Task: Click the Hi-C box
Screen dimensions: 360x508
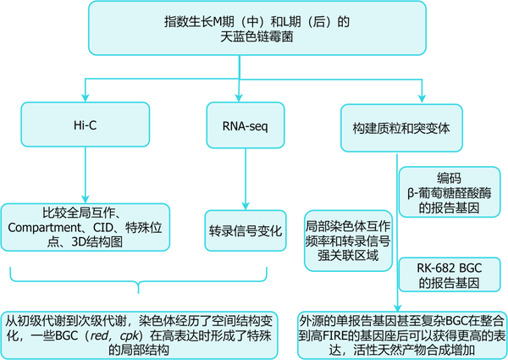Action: pyautogui.click(x=85, y=125)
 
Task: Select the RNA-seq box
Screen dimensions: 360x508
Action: pyautogui.click(x=246, y=125)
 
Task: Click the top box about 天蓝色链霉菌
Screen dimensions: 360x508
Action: pyautogui.click(x=254, y=31)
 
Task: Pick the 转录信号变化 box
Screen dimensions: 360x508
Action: pyautogui.click(x=246, y=230)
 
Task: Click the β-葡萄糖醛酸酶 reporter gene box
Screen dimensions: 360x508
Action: pyautogui.click(x=449, y=197)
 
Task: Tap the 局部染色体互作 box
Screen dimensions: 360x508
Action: pyautogui.click(x=348, y=241)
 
